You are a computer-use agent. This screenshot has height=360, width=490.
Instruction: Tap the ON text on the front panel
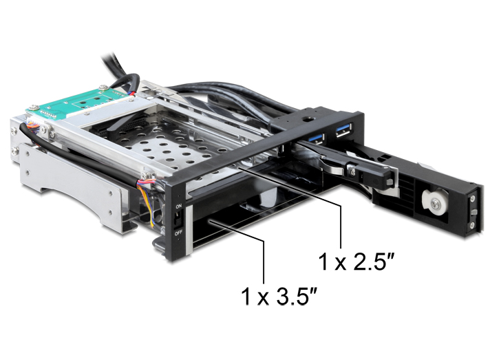pos(179,207)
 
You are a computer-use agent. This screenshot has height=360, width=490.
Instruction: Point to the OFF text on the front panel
pos(178,233)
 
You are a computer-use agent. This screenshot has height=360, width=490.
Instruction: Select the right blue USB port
pos(344,130)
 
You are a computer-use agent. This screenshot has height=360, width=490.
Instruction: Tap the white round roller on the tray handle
pos(434,202)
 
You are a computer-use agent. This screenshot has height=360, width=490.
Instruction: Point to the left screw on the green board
pos(34,108)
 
